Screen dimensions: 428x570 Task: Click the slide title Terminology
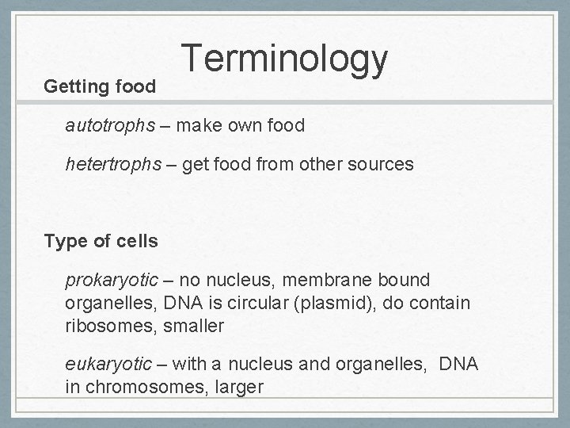point(285,60)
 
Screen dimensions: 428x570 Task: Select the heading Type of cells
point(101,241)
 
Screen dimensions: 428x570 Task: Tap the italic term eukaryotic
point(108,364)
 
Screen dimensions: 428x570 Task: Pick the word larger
point(235,387)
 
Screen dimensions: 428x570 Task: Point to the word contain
point(442,303)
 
